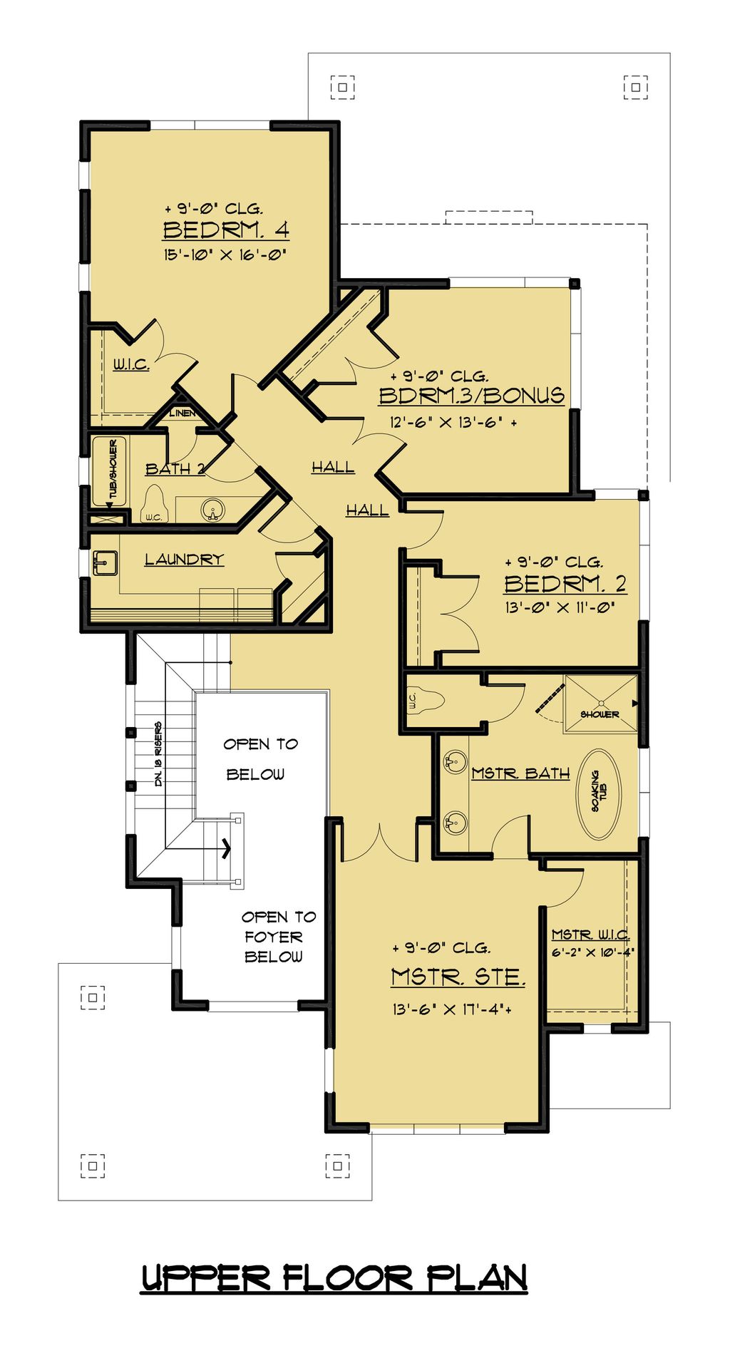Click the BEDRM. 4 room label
tap(226, 230)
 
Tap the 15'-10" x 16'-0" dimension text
tap(225, 254)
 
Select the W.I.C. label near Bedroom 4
tap(131, 365)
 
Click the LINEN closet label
tap(182, 413)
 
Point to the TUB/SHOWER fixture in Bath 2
tap(109, 471)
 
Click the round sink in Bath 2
tap(212, 510)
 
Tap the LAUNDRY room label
tap(184, 560)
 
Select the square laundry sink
tap(105, 562)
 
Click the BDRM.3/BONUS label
tap(471, 396)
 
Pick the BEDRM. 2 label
tap(565, 584)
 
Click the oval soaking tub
tap(599, 793)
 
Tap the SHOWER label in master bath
tap(600, 714)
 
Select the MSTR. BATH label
tap(520, 773)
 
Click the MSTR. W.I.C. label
tap(590, 935)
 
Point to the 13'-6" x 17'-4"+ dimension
tap(451, 1009)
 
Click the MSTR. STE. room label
tap(458, 977)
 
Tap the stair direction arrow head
tap(227, 848)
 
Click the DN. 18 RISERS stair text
tap(158, 754)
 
